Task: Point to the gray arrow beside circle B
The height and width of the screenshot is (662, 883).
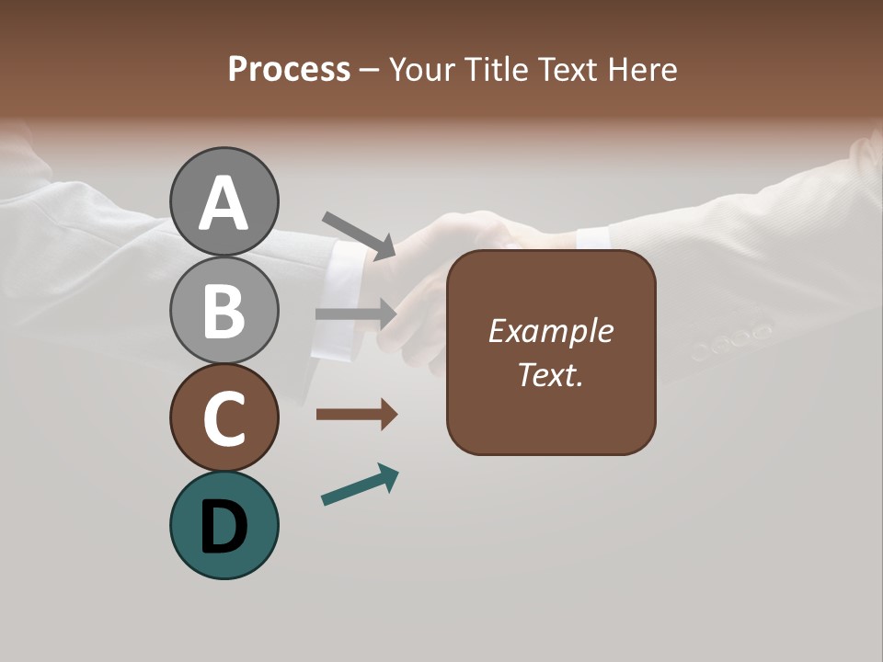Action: click(x=356, y=314)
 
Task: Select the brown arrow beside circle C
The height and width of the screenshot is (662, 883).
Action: click(x=356, y=415)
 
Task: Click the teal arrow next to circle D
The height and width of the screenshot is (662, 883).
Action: click(x=360, y=485)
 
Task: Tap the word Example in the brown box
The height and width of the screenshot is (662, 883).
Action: click(x=550, y=332)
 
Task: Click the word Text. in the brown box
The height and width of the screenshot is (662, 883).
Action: click(x=550, y=374)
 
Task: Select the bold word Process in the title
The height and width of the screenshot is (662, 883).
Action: click(x=289, y=69)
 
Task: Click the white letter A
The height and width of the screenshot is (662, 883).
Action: click(x=224, y=204)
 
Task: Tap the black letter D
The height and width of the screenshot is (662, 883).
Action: click(x=224, y=527)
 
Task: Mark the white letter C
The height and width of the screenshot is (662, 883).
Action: click(x=224, y=418)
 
